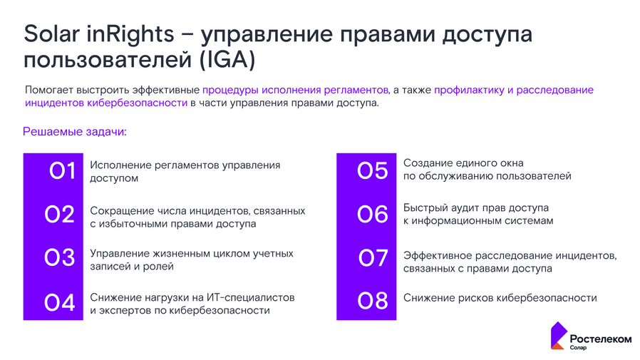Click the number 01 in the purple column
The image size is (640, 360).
point(62,172)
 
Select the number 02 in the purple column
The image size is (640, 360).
point(60,215)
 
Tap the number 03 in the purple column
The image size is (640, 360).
point(60,259)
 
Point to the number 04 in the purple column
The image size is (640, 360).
point(60,302)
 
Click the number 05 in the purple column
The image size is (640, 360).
point(372,172)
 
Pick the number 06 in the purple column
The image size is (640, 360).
point(372,215)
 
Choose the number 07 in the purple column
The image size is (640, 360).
point(372,259)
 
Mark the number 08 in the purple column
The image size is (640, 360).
point(372,302)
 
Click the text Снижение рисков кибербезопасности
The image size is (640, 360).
point(500,298)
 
